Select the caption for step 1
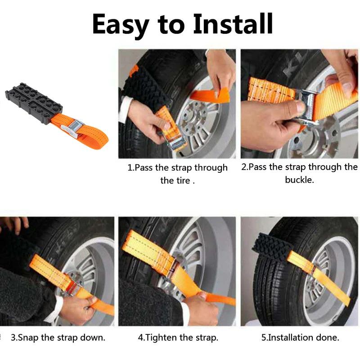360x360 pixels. coord(178,174)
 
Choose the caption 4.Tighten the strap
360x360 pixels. coord(178,337)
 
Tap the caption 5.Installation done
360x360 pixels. coord(300,337)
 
